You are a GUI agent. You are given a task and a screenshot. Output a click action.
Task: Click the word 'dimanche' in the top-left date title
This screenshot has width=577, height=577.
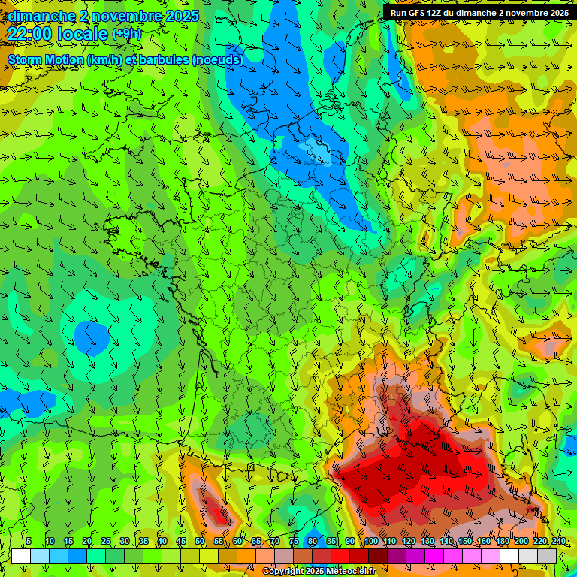(x=41, y=16)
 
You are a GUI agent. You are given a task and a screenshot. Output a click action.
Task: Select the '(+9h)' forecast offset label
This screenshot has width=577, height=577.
(x=127, y=34)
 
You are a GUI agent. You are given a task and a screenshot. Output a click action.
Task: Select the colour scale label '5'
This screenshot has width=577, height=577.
(x=29, y=542)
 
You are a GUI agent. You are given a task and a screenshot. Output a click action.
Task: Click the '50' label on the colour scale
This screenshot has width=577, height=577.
(x=200, y=542)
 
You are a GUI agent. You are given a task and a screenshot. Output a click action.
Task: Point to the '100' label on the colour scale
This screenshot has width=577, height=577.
(x=370, y=542)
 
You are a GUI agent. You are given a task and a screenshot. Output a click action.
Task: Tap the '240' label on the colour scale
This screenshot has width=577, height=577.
(x=558, y=542)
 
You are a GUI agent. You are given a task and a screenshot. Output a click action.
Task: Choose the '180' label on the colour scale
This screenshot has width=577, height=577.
(x=502, y=542)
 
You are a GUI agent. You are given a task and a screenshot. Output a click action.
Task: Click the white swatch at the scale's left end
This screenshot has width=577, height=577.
(x=21, y=556)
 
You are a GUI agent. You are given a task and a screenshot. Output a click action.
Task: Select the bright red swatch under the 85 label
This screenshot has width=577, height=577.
(x=340, y=556)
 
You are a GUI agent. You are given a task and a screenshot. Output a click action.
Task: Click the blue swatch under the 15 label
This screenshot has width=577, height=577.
(x=77, y=556)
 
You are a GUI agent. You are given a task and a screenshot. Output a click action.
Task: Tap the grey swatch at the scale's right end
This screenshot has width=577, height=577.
(x=547, y=556)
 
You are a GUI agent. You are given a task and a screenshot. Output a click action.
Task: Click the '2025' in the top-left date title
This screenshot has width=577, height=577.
(x=183, y=16)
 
